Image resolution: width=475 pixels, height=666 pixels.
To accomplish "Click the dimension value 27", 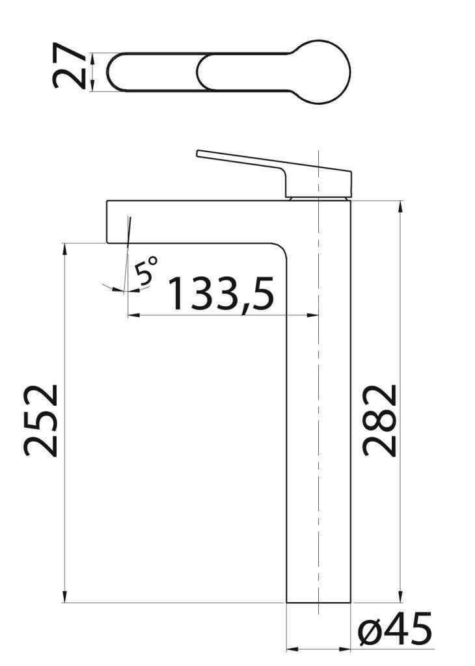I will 70,66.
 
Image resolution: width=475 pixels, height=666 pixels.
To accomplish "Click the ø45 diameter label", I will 394,630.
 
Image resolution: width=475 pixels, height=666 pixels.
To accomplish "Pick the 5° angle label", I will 148,269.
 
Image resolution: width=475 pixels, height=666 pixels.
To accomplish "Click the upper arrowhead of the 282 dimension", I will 400,207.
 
